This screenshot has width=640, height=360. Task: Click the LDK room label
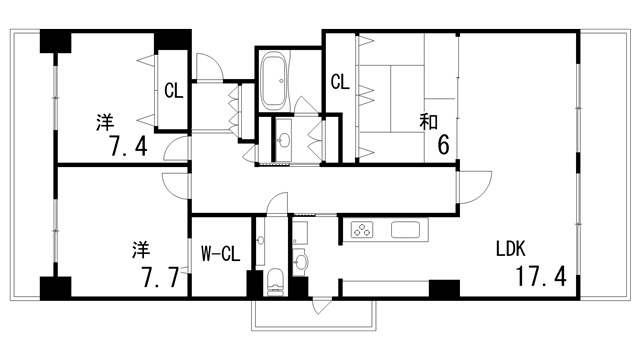pos(510,248)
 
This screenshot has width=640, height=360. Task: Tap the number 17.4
pos(541,276)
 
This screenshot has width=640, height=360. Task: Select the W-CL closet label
pos(220,254)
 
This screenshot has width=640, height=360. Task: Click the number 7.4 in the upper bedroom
pos(129,146)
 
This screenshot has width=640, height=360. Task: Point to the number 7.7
pos(160,277)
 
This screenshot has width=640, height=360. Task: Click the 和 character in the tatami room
pos(429,122)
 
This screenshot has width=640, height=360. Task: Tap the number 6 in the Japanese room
pos(443,145)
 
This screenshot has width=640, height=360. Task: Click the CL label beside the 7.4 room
pos(173,91)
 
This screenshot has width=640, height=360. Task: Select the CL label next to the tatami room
pos(340,82)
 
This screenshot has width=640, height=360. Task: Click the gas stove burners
pos(362,229)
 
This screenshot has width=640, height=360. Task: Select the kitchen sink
pos(405,229)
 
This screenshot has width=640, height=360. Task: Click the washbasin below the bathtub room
pos(283,140)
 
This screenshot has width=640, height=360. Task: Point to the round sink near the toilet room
pos(301,262)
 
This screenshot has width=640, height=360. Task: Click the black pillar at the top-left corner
pos(56,41)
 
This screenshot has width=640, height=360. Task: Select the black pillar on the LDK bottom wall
pos(444,289)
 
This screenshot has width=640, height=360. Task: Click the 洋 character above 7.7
pos(141,250)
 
